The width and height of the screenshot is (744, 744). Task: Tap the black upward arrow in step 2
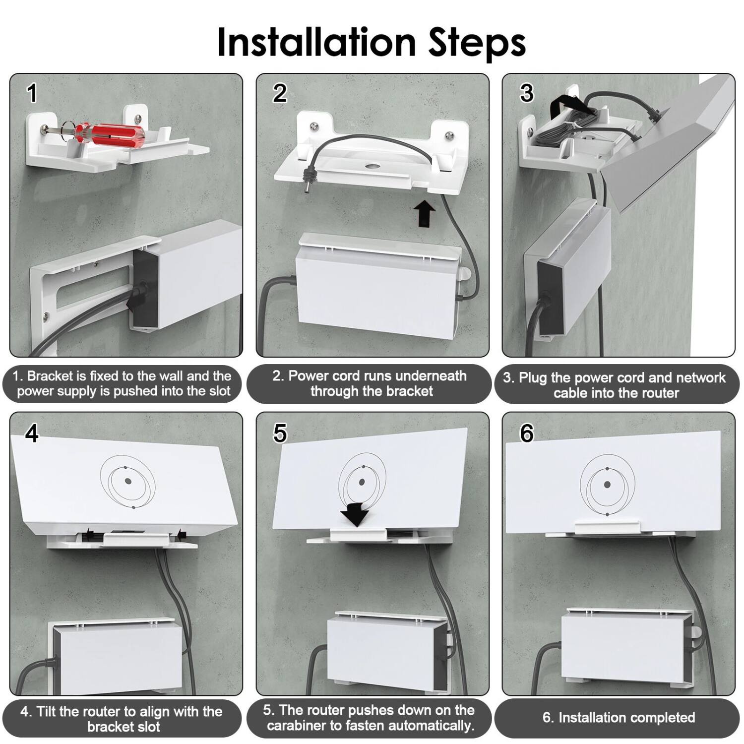[x=425, y=212]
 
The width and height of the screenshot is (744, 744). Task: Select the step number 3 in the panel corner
[x=526, y=93]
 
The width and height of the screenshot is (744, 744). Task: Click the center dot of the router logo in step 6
[x=607, y=485]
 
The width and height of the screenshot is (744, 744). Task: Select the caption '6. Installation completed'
[x=619, y=717]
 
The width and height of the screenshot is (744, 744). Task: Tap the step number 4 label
[x=32, y=434]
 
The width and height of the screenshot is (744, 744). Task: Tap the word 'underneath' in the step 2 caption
[x=431, y=375]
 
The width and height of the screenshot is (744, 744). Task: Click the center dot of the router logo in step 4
[x=128, y=481]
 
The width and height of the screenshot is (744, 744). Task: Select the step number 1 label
[x=32, y=93]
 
